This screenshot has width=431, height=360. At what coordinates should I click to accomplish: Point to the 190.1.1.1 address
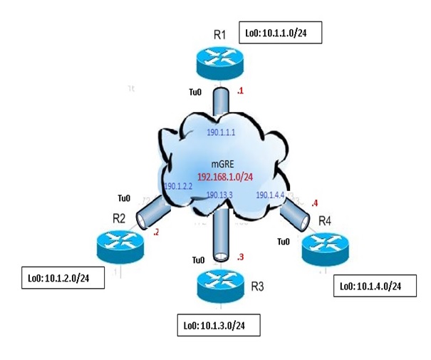pyautogui.click(x=222, y=133)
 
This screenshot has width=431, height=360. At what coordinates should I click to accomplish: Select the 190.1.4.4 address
pyautogui.click(x=271, y=194)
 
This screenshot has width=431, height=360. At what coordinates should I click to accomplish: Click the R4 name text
pyautogui.click(x=325, y=221)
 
